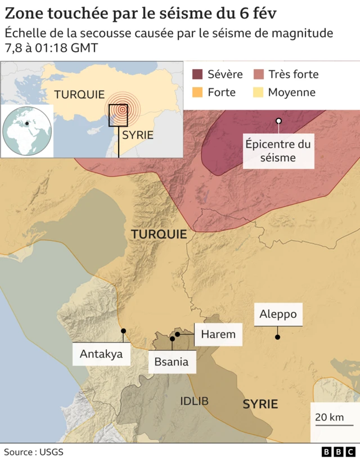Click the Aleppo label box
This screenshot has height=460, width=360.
[278, 314]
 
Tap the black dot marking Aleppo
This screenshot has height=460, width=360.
[277, 337]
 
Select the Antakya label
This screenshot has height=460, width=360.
[101, 354]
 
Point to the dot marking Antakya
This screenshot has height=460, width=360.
[123, 331]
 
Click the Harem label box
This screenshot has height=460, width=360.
[218, 335]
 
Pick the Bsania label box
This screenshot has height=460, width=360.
[172, 362]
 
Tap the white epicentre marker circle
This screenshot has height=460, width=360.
[278, 121]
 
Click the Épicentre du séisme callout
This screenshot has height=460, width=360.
[278, 151]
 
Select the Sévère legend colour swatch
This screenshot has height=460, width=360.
[197, 74]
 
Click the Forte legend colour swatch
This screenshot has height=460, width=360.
[197, 92]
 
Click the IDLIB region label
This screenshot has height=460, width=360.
[194, 401]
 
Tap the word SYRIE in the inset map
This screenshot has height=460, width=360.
[138, 135]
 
